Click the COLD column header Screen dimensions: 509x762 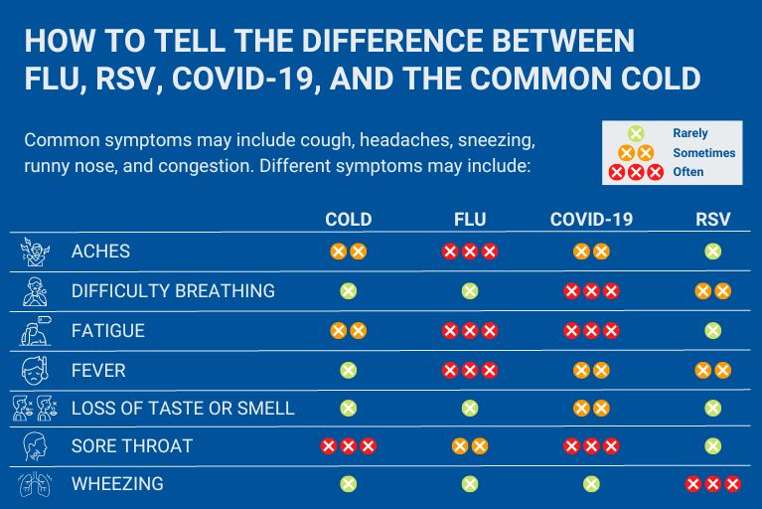pos(348,220)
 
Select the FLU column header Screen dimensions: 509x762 pos(469,220)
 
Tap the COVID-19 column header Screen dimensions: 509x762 pos(591,220)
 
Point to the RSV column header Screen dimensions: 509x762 pos(712,220)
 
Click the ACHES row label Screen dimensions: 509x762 pos(101,252)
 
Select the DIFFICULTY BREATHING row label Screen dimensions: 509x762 pos(173,291)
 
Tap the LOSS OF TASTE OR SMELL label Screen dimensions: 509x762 pos(183,408)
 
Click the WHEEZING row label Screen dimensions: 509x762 pos(117,485)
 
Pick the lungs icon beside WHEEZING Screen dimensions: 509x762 pos(35,485)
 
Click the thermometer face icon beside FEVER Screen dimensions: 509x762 pos(35,371)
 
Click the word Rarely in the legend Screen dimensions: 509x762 pos(689,133)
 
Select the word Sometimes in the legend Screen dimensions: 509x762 pos(703,153)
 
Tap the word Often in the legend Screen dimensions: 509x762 pos(687,172)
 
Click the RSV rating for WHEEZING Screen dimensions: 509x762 pos(712,485)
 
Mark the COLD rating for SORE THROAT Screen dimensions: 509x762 pos(348,446)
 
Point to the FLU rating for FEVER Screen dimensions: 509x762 pos(469,370)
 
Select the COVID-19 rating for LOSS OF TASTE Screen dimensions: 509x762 pos(591,408)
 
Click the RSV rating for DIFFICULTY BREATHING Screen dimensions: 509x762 pos(712,291)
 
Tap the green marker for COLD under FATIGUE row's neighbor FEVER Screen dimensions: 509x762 pos(348,370)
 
